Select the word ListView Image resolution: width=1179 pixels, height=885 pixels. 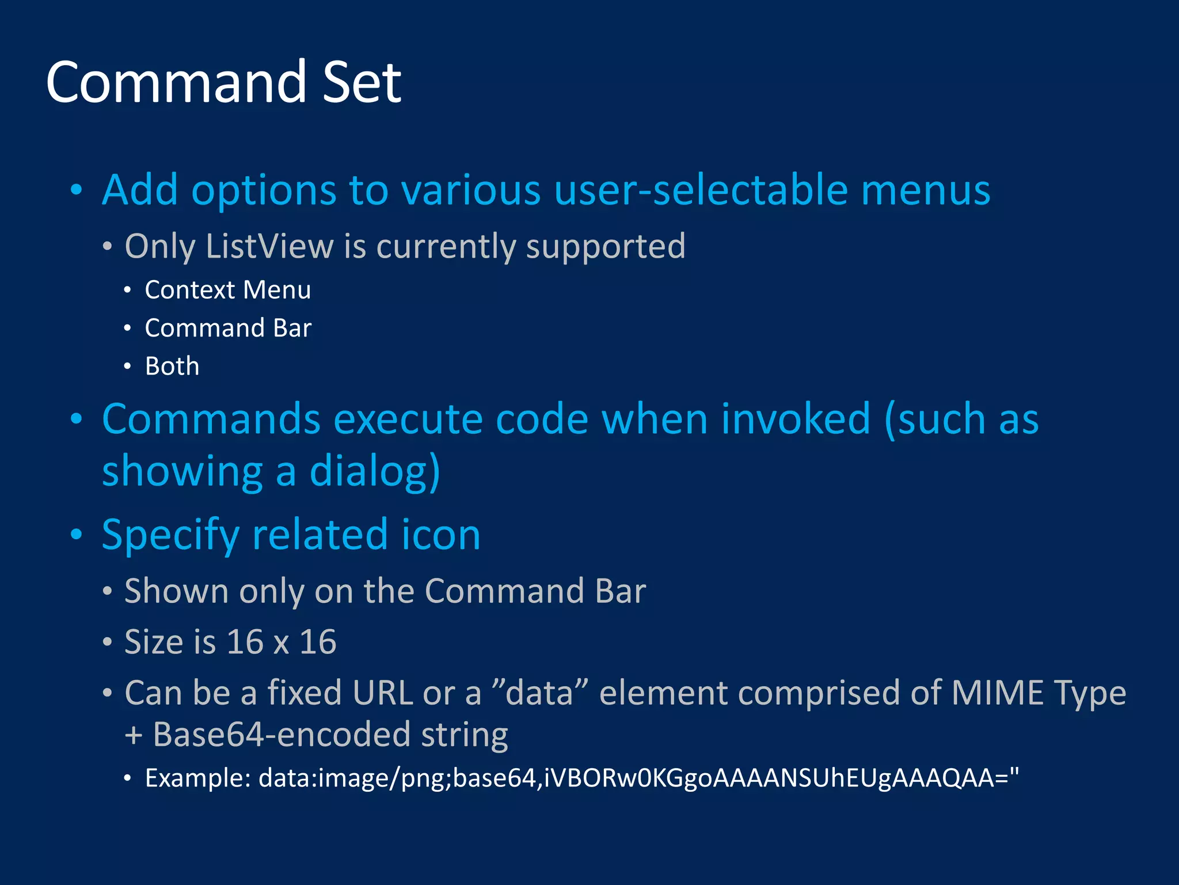(269, 247)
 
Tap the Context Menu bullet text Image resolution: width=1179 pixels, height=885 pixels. (227, 290)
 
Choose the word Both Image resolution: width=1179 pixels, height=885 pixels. (172, 366)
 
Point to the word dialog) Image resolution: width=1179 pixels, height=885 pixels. (375, 471)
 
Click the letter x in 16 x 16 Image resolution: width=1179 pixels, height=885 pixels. (281, 642)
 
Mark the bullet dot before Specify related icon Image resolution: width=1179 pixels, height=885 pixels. (76, 535)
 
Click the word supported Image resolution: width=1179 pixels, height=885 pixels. (606, 247)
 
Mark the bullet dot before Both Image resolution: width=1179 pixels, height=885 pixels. (127, 366)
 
